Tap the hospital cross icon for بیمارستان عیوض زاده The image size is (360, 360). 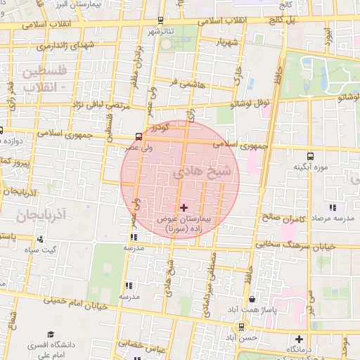click(184, 208)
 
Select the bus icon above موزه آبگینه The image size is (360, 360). click(310, 156)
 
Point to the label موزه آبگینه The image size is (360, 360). click(311, 167)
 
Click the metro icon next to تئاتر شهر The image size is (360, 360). click(162, 20)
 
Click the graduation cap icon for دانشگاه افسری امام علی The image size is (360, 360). click(50, 334)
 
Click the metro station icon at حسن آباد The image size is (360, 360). click(242, 326)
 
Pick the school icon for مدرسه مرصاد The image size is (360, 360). click(333, 208)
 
